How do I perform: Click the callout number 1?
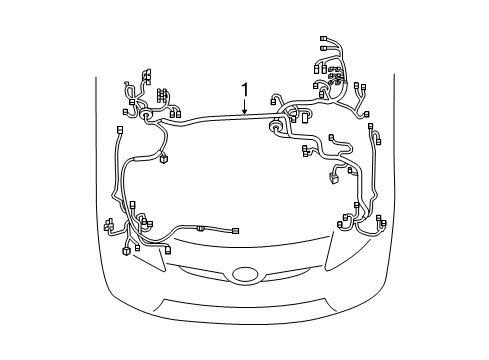(244, 91)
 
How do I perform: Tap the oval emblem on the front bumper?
(244, 273)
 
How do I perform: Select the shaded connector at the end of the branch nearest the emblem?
(235, 231)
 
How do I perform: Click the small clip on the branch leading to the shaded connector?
(201, 229)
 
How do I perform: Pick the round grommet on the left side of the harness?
(149, 116)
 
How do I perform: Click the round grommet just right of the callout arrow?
(276, 128)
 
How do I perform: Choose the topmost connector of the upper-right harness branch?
(324, 39)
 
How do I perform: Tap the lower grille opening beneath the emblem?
(244, 300)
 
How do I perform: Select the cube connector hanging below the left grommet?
(163, 158)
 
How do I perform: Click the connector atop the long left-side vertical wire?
(120, 131)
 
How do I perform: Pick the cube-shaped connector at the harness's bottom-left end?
(125, 251)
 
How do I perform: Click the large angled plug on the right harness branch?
(334, 180)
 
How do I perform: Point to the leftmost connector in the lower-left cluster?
(107, 227)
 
